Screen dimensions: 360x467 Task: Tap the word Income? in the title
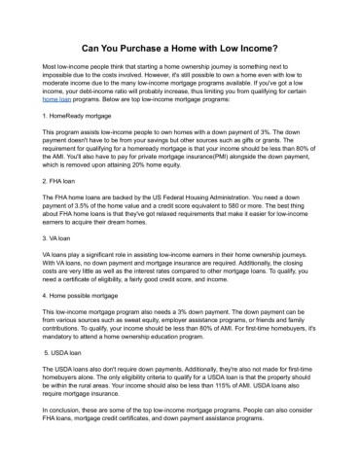[x=257, y=46]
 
